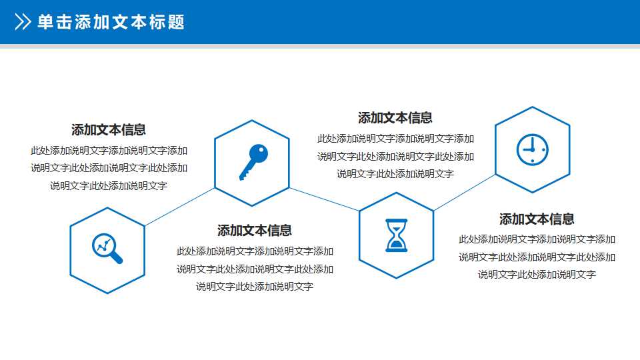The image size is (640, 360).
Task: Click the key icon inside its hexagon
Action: click(x=253, y=162)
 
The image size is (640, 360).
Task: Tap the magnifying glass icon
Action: click(x=107, y=249)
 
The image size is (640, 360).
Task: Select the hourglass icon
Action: click(x=397, y=235)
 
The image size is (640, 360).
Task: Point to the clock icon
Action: click(x=532, y=150)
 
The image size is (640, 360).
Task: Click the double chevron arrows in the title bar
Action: click(x=23, y=22)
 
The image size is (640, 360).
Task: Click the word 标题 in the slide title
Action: click(x=170, y=22)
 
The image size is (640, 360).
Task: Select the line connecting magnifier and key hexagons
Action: click(x=180, y=206)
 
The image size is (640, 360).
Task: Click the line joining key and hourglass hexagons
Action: click(x=325, y=199)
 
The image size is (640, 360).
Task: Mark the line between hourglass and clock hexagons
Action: click(x=465, y=193)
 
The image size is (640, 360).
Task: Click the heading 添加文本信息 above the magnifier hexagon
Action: click(x=109, y=130)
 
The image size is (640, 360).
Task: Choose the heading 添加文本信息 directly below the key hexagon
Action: click(x=255, y=231)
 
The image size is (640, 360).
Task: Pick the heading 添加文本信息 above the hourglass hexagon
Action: click(x=395, y=118)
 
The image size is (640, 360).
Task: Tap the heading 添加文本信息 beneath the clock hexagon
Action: click(x=537, y=219)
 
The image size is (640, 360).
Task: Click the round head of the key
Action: click(x=259, y=154)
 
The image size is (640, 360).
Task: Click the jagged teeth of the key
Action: click(x=245, y=173)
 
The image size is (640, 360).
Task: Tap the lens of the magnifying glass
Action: click(x=103, y=245)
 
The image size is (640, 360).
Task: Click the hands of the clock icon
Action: click(x=530, y=147)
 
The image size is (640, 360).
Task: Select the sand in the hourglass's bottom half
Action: click(x=397, y=245)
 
